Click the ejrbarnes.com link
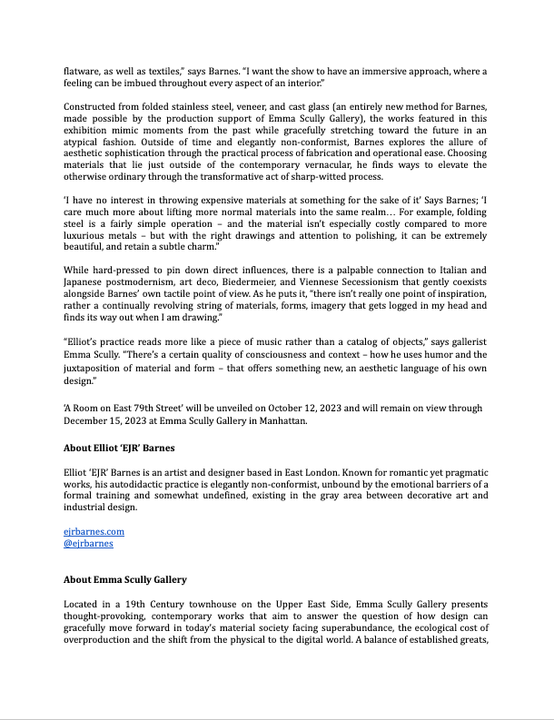94,531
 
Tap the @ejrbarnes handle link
88,543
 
